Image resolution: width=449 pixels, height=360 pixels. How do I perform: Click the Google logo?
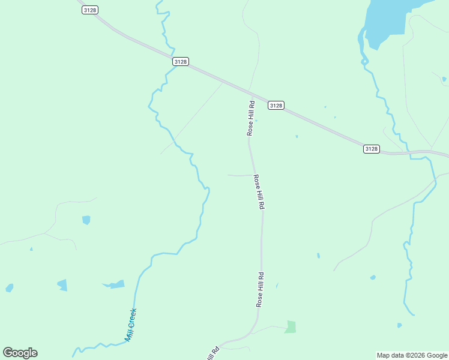tap(20, 353)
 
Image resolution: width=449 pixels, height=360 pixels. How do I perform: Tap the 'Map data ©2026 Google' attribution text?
tap(412, 355)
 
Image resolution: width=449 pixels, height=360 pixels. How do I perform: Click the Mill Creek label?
tap(131, 325)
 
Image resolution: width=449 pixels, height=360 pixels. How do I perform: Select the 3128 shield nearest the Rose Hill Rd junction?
tap(276, 105)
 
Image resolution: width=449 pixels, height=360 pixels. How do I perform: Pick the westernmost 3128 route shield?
tap(90, 10)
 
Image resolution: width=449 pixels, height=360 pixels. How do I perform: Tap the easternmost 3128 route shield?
tap(372, 149)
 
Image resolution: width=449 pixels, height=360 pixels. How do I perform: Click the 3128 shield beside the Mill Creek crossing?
tap(181, 61)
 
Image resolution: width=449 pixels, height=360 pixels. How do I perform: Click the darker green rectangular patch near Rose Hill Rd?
tap(291, 327)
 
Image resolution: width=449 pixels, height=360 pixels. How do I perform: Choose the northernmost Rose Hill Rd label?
tap(252, 118)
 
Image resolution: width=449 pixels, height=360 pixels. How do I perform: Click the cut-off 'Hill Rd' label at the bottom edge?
tap(213, 353)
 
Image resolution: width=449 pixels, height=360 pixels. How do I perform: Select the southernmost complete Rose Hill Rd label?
tap(261, 290)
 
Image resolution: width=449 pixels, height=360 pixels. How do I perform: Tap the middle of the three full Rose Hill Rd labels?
tap(259, 192)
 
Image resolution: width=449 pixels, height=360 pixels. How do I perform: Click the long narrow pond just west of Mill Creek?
tap(114, 284)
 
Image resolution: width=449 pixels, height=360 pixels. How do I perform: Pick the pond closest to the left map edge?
tap(9, 288)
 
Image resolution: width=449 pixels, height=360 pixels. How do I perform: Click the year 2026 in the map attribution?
tap(421, 355)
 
